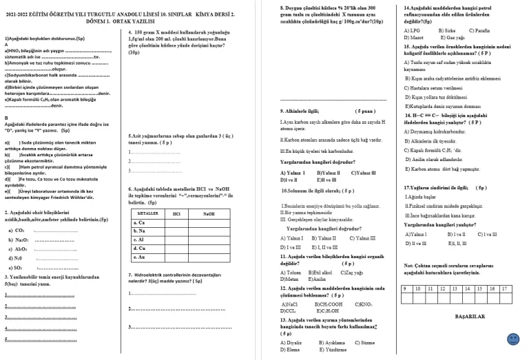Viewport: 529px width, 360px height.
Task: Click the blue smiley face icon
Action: (x=512, y=339)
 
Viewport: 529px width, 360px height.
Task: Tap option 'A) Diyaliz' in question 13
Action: (x=291, y=342)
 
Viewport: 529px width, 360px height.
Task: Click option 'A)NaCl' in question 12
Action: (x=289, y=304)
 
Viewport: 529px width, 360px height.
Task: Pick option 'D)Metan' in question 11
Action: (x=290, y=279)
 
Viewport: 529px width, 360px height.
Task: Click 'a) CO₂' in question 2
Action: (x=16, y=230)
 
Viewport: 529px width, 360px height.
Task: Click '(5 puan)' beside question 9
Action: (x=365, y=110)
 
